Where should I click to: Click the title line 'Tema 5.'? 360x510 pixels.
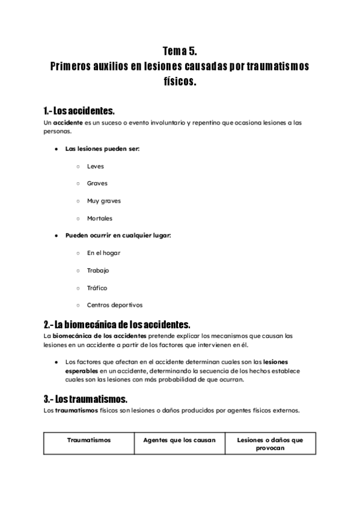pos(180,52)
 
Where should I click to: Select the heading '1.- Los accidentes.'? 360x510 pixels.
pos(79,111)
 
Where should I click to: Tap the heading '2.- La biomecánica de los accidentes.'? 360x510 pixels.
pos(117,324)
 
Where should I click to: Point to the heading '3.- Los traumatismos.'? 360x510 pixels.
pos(85,399)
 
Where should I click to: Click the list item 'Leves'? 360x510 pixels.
pos(95,166)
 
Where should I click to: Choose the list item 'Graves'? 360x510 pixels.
pos(97,183)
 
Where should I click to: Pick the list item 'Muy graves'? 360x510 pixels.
pos(103,201)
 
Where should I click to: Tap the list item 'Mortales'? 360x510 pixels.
pos(99,218)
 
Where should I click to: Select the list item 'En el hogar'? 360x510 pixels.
pos(103,253)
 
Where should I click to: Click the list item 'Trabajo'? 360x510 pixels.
pos(98,271)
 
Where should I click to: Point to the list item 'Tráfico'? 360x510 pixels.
pos(97,288)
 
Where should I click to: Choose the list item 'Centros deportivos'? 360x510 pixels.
pos(114,306)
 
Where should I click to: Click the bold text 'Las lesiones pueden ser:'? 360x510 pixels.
pos(102,149)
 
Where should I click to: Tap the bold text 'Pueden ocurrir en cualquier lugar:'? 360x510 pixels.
pos(118,236)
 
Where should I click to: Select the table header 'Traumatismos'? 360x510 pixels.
pos(88,440)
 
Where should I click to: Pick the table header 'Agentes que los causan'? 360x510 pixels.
pos(179,440)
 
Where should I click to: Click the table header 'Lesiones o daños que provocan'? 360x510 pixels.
pos(270,444)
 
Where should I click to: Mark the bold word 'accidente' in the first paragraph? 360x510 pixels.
pos(67,123)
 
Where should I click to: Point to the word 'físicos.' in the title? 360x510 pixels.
pos(180,81)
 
